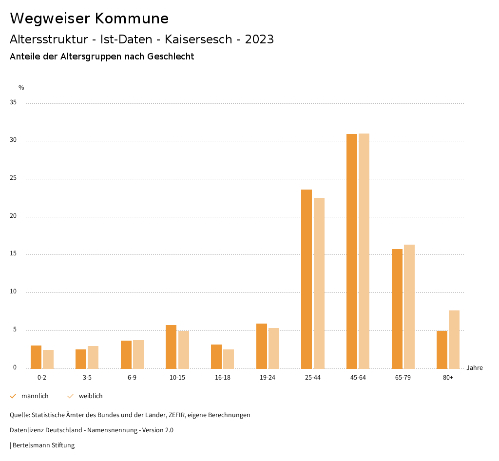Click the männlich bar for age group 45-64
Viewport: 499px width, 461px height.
pyautogui.click(x=351, y=251)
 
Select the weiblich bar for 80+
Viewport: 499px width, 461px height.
pyautogui.click(x=454, y=339)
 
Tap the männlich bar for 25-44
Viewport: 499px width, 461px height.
pyautogui.click(x=307, y=279)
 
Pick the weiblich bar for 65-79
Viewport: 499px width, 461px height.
pyautogui.click(x=409, y=307)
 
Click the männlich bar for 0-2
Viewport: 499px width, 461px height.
pyautogui.click(x=36, y=357)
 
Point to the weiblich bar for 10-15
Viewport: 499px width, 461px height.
pyautogui.click(x=183, y=349)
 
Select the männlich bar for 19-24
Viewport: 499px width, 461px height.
pyautogui.click(x=262, y=346)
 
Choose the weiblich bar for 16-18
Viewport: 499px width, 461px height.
pyautogui.click(x=229, y=359)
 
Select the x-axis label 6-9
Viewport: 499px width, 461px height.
pyautogui.click(x=132, y=378)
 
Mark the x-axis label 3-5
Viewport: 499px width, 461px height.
pyautogui.click(x=87, y=378)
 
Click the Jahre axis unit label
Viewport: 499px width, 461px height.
pyautogui.click(x=474, y=368)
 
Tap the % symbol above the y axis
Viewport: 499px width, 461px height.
pyautogui.click(x=21, y=88)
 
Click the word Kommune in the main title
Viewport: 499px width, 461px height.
pyautogui.click(x=132, y=19)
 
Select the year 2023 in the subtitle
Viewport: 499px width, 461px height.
pyautogui.click(x=259, y=39)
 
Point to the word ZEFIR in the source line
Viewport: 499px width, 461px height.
pyautogui.click(x=175, y=415)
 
